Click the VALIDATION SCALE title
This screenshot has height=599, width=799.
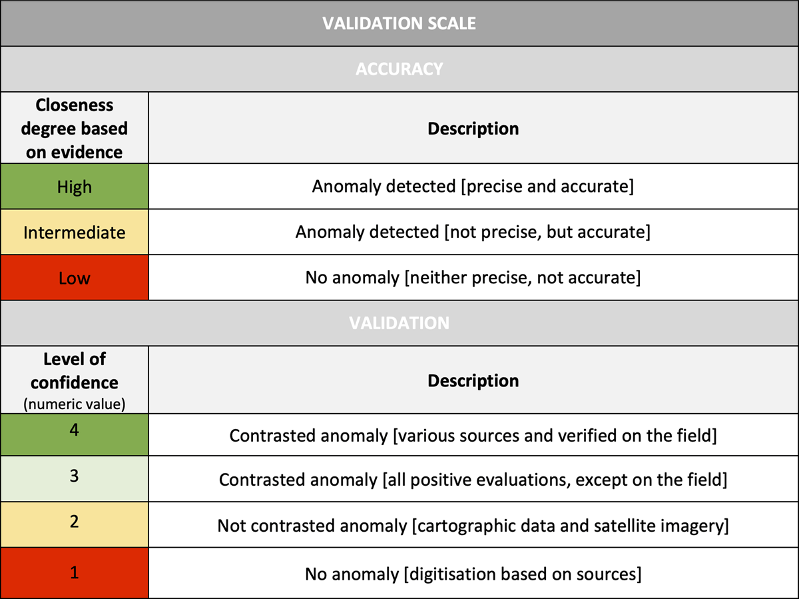pyautogui.click(x=399, y=23)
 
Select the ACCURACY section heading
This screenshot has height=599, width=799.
pyautogui.click(x=399, y=69)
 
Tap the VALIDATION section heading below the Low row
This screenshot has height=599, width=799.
pyautogui.click(x=399, y=322)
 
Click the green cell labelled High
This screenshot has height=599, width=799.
pyautogui.click(x=74, y=187)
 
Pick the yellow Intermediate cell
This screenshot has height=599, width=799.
pyautogui.click(x=74, y=232)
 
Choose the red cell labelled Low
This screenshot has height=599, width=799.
pyautogui.click(x=74, y=277)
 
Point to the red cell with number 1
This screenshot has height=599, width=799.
pyautogui.click(x=74, y=572)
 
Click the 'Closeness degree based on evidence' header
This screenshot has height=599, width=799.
pyautogui.click(x=74, y=129)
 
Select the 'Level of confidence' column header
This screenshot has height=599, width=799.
pyautogui.click(x=74, y=380)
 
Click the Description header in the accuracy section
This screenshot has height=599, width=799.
pyautogui.click(x=473, y=129)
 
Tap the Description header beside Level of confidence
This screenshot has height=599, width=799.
pyautogui.click(x=473, y=380)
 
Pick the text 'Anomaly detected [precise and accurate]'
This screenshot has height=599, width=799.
pyautogui.click(x=473, y=187)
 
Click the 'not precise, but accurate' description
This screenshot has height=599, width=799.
pyautogui.click(x=473, y=232)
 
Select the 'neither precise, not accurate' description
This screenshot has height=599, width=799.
pyautogui.click(x=473, y=277)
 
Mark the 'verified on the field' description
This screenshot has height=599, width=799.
pyautogui.click(x=473, y=435)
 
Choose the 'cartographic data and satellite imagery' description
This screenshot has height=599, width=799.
pyautogui.click(x=473, y=526)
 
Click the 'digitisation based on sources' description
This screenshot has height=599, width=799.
pyautogui.click(x=473, y=573)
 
